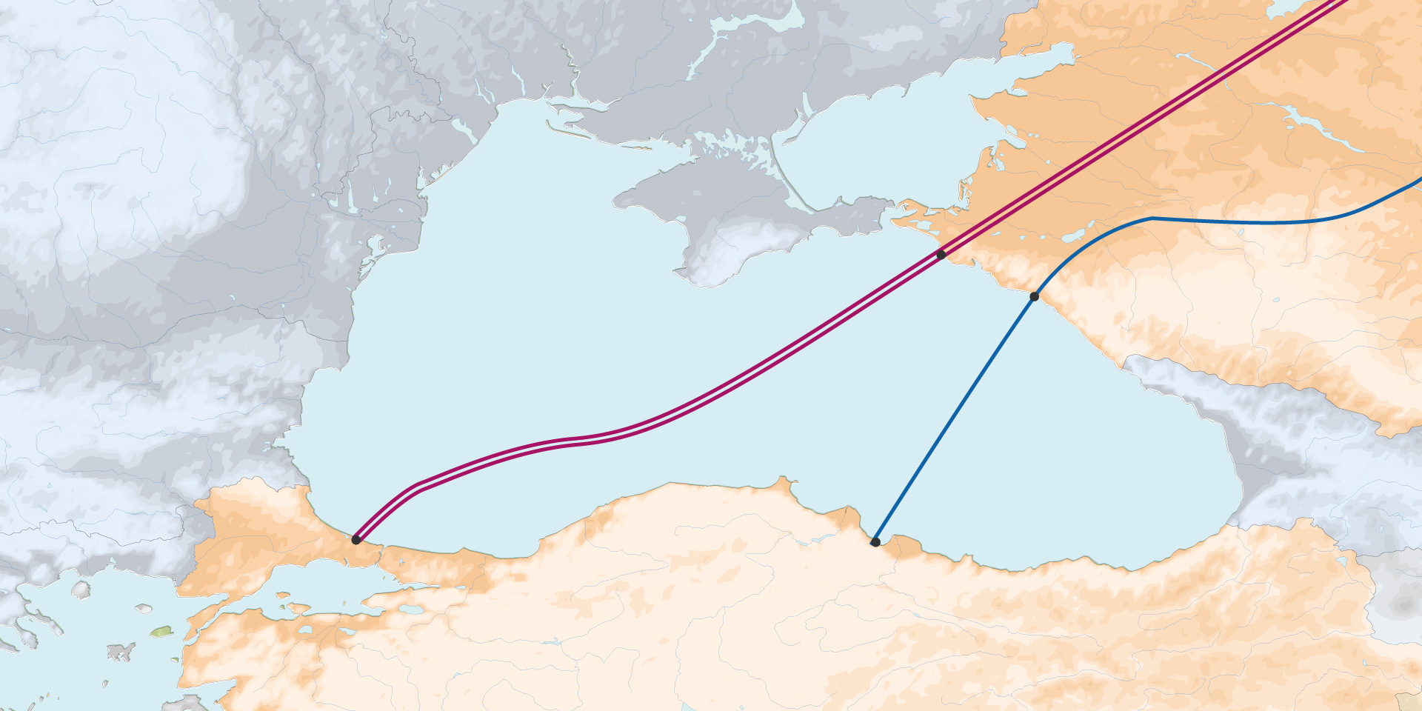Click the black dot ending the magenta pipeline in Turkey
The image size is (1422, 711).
(356, 540)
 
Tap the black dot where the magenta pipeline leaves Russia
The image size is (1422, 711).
(941, 255)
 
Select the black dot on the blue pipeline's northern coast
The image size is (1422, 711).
(1034, 297)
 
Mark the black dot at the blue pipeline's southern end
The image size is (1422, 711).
(875, 542)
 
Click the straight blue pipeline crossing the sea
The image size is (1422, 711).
(955, 418)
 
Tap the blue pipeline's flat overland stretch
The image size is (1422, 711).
(1244, 221)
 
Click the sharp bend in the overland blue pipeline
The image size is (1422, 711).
(1152, 218)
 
